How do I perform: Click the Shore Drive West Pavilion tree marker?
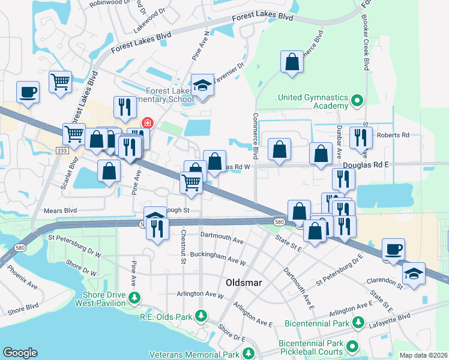(x=135, y=297)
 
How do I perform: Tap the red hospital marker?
(x=146, y=123)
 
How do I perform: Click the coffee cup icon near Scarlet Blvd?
(x=28, y=93)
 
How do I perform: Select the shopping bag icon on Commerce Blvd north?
(x=292, y=62)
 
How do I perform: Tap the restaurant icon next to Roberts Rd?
(x=361, y=137)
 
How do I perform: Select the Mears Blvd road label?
(x=61, y=211)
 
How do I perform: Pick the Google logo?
(x=20, y=353)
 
